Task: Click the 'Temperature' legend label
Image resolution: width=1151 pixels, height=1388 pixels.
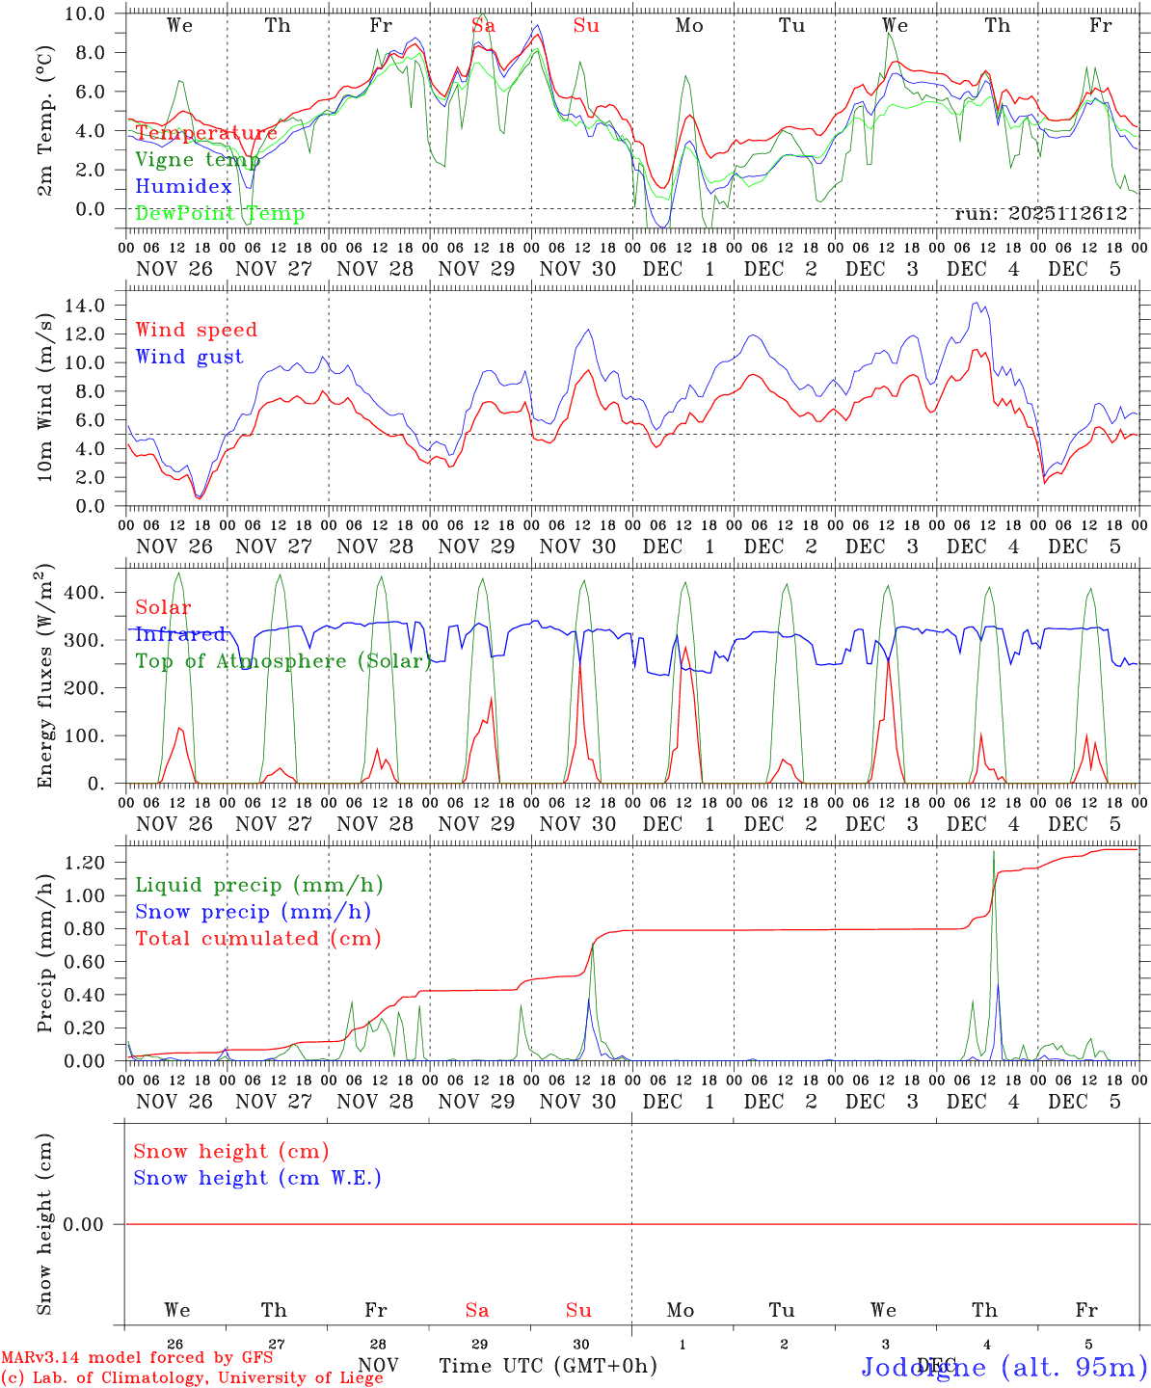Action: [x=206, y=133]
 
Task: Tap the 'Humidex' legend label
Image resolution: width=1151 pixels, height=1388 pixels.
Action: [x=183, y=187]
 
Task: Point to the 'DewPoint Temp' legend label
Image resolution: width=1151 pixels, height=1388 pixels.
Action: [x=220, y=214]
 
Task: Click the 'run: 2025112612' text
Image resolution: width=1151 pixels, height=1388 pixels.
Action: [x=1040, y=214]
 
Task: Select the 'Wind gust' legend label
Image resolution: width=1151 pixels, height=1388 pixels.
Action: [x=189, y=357]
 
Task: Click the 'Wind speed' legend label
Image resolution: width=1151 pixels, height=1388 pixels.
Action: [x=197, y=330]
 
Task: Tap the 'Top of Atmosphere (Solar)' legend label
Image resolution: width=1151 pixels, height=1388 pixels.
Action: [x=283, y=661]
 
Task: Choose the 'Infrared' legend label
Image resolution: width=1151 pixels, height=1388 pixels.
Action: [x=180, y=634]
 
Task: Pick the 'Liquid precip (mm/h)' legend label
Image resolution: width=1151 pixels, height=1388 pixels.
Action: [x=259, y=885]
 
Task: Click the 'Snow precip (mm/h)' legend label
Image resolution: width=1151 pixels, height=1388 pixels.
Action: [x=253, y=912]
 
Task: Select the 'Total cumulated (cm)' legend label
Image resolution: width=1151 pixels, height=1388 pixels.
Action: [x=258, y=938]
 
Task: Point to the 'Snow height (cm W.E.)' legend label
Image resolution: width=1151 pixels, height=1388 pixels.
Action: [x=257, y=1178]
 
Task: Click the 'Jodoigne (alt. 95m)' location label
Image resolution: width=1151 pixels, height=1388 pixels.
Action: [x=1004, y=1367]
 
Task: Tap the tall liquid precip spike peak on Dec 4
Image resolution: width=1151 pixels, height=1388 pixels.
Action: [x=993, y=852]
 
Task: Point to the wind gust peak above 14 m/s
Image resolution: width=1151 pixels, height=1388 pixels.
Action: [x=977, y=304]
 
